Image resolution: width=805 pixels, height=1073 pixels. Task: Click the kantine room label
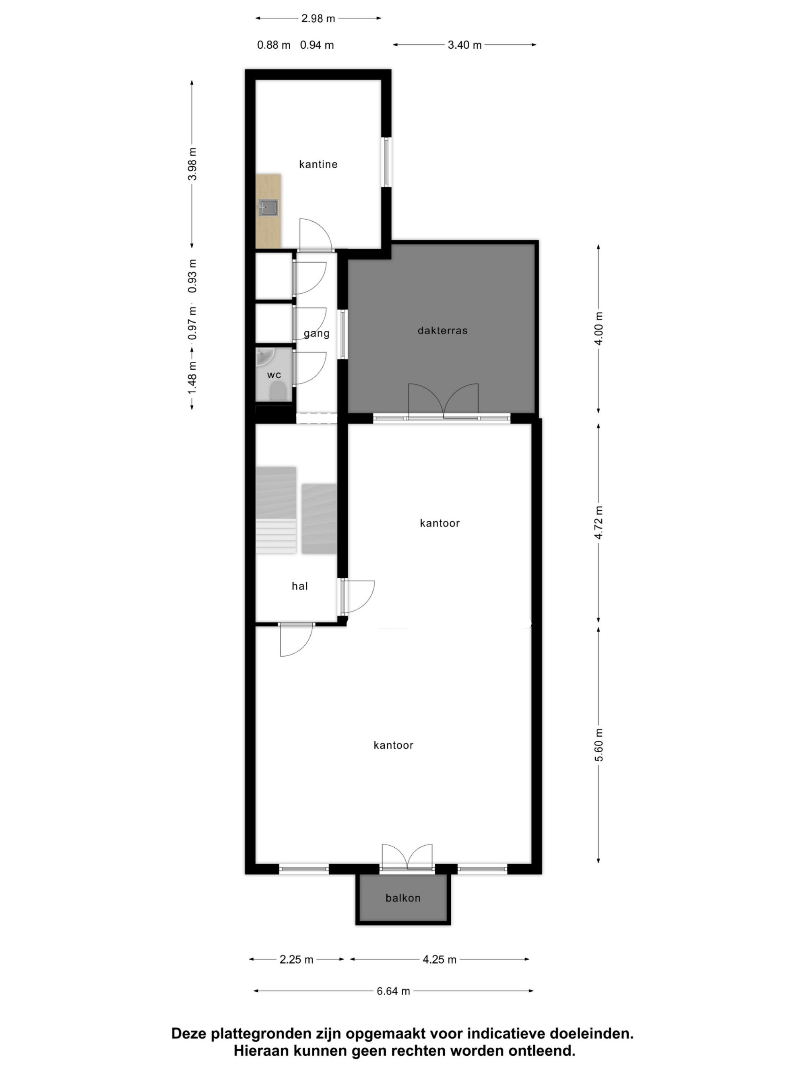pos(318,165)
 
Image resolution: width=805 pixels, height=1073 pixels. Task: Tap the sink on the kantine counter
pos(268,208)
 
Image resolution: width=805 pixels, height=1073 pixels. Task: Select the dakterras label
pos(442,331)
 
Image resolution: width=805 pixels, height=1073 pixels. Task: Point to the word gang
pos(316,334)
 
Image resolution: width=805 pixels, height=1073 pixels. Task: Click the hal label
pos(300,586)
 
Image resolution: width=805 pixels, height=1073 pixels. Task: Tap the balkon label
pos(403,898)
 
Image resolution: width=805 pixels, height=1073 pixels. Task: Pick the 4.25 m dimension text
pos(440,960)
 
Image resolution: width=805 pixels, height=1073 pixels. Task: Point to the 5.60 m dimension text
pos(599,745)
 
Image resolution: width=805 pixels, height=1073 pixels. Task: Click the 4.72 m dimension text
pos(599,523)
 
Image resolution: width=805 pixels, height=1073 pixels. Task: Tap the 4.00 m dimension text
pos(599,329)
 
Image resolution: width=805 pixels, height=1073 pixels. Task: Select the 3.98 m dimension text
pos(193,163)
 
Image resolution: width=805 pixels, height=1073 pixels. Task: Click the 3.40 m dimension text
pos(464,45)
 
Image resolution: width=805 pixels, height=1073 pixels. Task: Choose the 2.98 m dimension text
pos(318,19)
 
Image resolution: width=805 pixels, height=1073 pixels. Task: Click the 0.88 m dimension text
pos(274,45)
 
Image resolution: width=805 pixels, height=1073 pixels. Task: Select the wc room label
pos(274,375)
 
